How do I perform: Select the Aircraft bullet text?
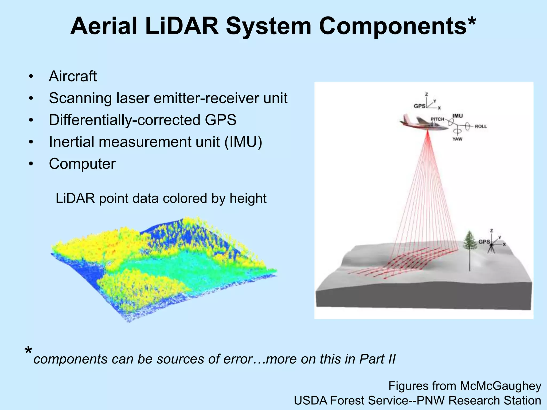[x=73, y=76]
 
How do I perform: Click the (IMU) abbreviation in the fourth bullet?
[x=243, y=142]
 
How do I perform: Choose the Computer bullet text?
[x=82, y=164]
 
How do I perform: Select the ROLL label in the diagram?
[x=480, y=126]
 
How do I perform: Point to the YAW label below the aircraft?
[x=457, y=139]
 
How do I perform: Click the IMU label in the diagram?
[x=458, y=116]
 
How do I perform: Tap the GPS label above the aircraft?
[x=419, y=106]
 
